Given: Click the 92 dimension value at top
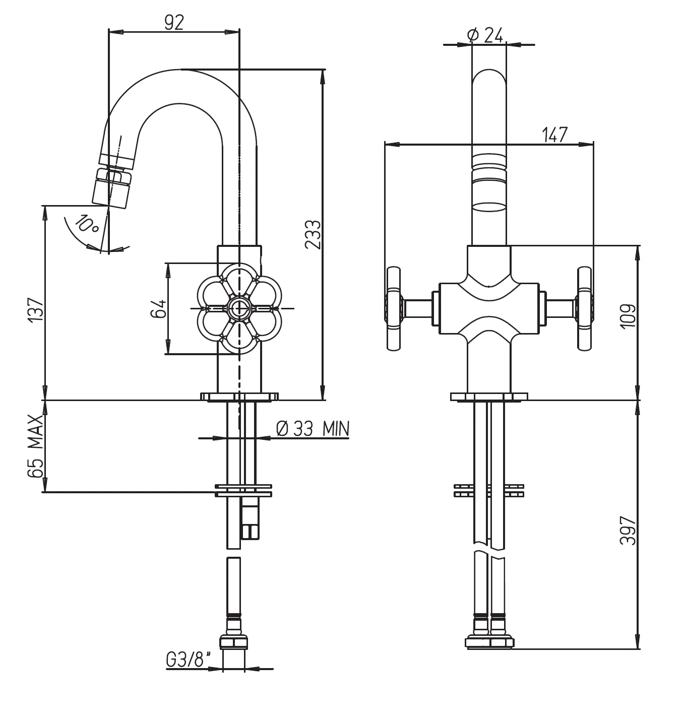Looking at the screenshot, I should tap(174, 22).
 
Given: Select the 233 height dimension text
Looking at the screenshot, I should tap(313, 234).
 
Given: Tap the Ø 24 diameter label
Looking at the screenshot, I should tap(485, 35).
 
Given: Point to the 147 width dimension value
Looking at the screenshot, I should tap(554, 135).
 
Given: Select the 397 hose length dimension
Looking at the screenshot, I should tap(628, 530).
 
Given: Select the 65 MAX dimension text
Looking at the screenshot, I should tap(35, 446).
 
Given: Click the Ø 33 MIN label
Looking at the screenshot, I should tap(313, 428).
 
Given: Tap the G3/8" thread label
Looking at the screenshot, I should tap(187, 660).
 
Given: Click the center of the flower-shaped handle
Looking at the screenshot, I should tap(238, 308).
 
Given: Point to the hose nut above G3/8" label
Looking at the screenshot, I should tap(234, 642).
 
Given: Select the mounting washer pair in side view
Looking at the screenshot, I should tap(243, 490).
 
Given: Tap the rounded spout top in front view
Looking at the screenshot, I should tap(489, 81).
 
